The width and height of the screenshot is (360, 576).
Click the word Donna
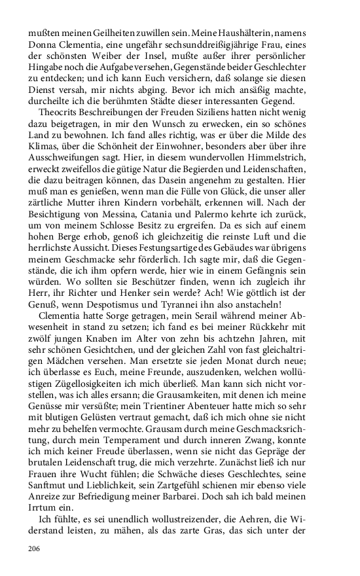pyautogui.click(x=44, y=45)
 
